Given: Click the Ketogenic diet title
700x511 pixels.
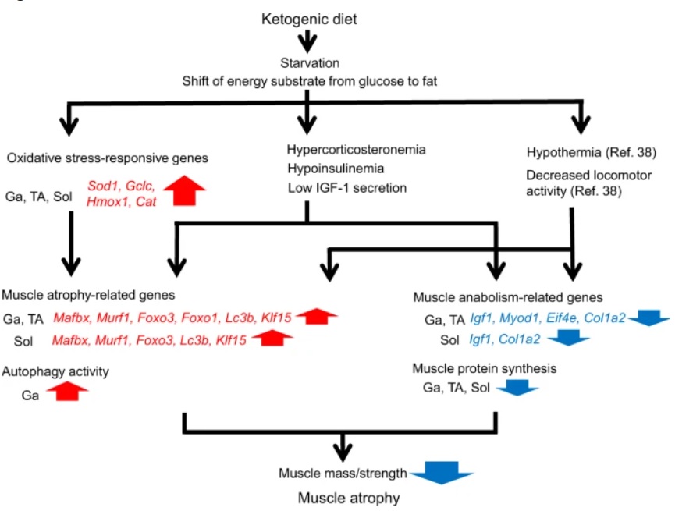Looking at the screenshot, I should (x=309, y=18).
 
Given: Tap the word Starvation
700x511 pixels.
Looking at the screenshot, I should (x=309, y=62).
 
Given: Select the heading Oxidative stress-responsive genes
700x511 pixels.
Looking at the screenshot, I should (x=107, y=159).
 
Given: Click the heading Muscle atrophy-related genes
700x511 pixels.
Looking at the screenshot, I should (x=88, y=295).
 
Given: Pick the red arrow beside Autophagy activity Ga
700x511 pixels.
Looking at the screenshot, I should (x=68, y=392).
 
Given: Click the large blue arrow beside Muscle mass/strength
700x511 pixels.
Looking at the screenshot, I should (x=442, y=473).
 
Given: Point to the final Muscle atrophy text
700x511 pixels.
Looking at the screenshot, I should (x=348, y=496).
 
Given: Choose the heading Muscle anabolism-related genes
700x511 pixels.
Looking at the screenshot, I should (x=507, y=297).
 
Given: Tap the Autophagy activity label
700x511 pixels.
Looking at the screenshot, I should (x=56, y=371).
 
